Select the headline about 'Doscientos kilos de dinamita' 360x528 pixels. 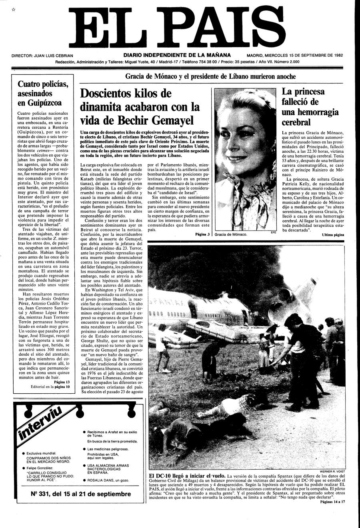click(x=140, y=107)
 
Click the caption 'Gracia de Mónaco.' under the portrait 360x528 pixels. click(x=231, y=234)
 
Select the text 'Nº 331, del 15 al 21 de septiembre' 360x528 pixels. click(x=81, y=494)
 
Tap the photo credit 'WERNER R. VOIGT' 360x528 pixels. click(x=332, y=471)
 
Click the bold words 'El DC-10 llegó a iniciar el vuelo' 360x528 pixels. click(x=186, y=476)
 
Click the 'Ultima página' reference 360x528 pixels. click(x=333, y=235)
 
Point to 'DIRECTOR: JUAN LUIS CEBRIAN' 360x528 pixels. click(x=42, y=56)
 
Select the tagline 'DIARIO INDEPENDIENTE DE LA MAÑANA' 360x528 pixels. click(x=177, y=55)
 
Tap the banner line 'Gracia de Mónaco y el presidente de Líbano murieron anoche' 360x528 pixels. click(x=210, y=76)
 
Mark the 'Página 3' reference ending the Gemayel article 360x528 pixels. click(x=202, y=234)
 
